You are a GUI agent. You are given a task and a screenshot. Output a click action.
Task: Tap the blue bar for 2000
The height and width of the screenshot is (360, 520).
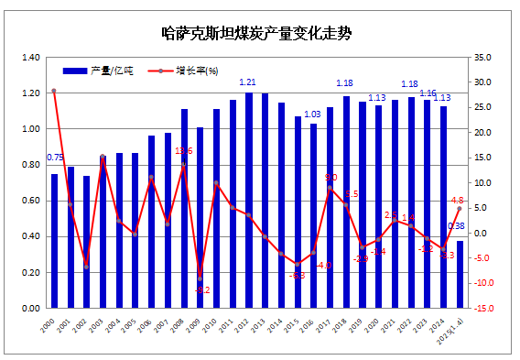[54, 241]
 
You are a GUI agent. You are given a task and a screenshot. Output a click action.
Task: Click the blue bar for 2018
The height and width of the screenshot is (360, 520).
[346, 202]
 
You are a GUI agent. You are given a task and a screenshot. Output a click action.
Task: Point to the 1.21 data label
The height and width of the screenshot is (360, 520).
[249, 82]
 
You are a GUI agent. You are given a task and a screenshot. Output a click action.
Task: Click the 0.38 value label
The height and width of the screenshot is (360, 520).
[456, 225]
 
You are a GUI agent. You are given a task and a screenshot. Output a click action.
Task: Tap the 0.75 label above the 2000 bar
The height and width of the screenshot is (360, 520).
[55, 158]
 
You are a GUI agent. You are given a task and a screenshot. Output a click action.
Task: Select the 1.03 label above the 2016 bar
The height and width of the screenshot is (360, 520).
[312, 114]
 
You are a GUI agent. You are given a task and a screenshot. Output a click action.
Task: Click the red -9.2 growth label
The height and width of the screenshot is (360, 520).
[202, 290]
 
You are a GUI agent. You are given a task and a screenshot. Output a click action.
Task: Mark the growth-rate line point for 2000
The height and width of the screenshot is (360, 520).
[54, 91]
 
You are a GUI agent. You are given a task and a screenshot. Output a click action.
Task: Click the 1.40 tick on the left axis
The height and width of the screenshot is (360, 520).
[30, 57]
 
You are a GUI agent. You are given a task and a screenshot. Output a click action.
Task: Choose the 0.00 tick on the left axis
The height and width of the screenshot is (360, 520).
[30, 309]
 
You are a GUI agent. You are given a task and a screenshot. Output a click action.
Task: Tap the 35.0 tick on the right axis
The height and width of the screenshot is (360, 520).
[485, 57]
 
